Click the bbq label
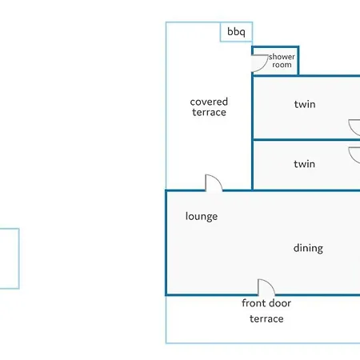236,32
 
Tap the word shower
282,57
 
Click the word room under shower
282,65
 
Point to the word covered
209,102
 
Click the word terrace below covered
209,112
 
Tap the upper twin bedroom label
305,104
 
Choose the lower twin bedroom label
304,164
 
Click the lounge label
202,216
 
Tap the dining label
308,248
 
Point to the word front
253,303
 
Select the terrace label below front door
266,318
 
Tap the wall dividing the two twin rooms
306,139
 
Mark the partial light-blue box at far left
19,258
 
